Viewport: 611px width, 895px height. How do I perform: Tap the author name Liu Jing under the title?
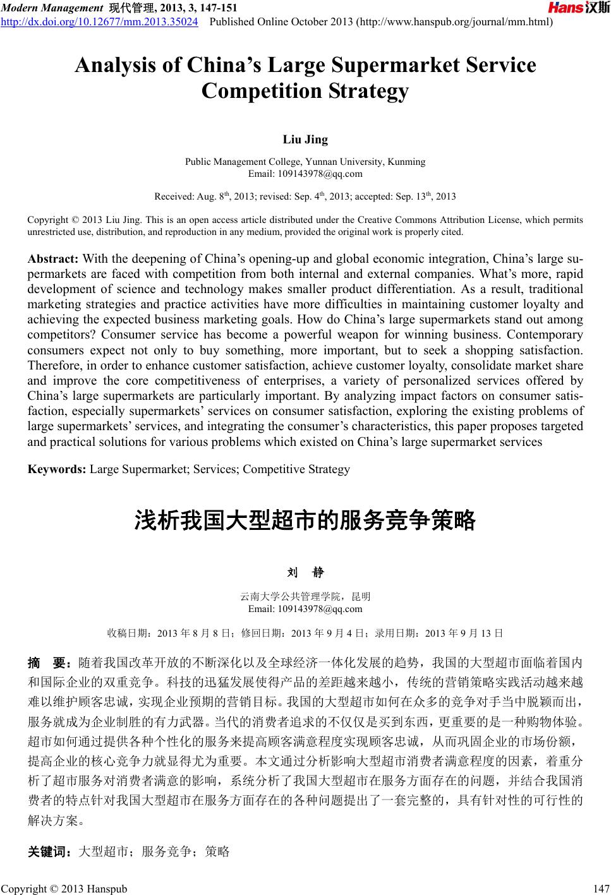[x=305, y=140]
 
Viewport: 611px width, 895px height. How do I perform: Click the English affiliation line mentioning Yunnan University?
[x=305, y=162]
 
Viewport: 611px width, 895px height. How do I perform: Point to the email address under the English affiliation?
[x=305, y=174]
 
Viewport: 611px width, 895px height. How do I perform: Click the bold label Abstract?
[x=53, y=259]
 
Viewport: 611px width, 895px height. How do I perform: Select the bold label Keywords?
[x=57, y=469]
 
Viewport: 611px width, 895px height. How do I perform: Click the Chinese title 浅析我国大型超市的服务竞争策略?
[x=305, y=521]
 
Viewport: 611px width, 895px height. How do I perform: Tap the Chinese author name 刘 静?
[x=305, y=573]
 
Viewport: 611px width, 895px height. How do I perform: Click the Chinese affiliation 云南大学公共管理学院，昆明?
[x=305, y=596]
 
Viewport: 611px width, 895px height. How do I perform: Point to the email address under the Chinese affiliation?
[x=305, y=609]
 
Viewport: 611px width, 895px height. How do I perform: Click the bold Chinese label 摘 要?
[x=51, y=663]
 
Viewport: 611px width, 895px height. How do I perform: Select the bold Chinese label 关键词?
[x=51, y=852]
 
